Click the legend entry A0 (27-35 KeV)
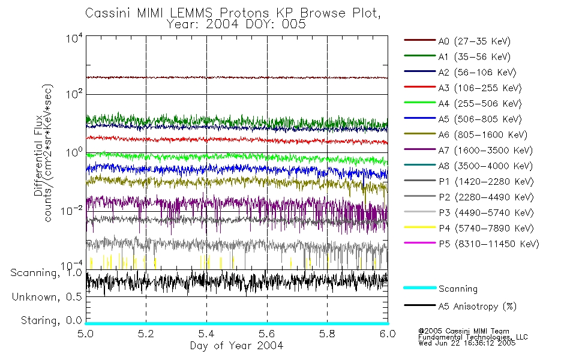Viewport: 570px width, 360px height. coord(473,41)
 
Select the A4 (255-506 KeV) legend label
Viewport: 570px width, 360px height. coord(479,104)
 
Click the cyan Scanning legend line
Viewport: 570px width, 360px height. coord(419,288)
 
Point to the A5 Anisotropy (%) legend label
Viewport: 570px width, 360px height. coord(477,307)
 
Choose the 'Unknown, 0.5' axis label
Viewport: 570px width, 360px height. coord(47,297)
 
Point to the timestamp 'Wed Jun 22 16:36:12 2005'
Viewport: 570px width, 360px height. coord(466,344)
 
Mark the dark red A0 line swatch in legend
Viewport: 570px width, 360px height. coord(419,41)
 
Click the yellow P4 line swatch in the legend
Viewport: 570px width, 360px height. coord(419,228)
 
